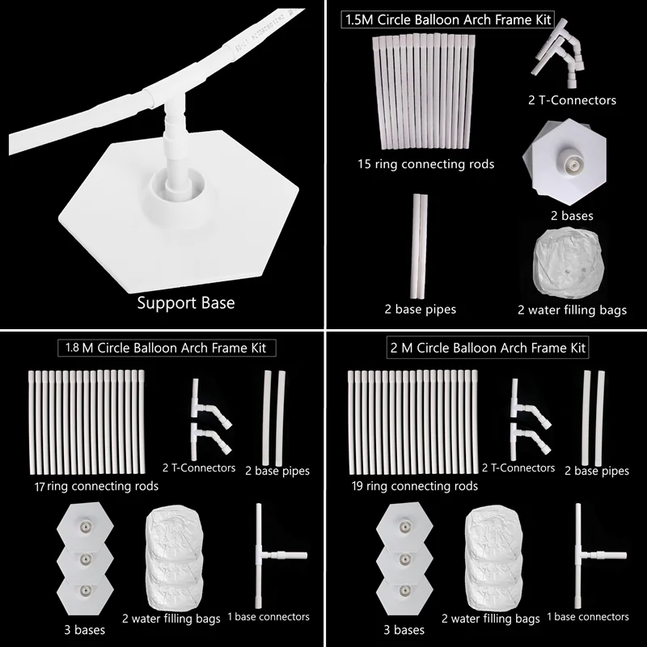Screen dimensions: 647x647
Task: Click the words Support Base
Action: (x=185, y=303)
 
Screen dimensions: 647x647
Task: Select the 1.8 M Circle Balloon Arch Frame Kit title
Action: (x=166, y=349)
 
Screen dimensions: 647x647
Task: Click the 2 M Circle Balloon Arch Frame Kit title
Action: (x=487, y=349)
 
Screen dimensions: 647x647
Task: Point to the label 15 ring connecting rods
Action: (x=425, y=164)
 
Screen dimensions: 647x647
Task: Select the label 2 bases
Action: (x=571, y=216)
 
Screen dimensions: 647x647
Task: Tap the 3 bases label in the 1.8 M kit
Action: (x=83, y=629)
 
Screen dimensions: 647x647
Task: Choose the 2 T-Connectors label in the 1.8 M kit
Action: (x=198, y=467)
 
